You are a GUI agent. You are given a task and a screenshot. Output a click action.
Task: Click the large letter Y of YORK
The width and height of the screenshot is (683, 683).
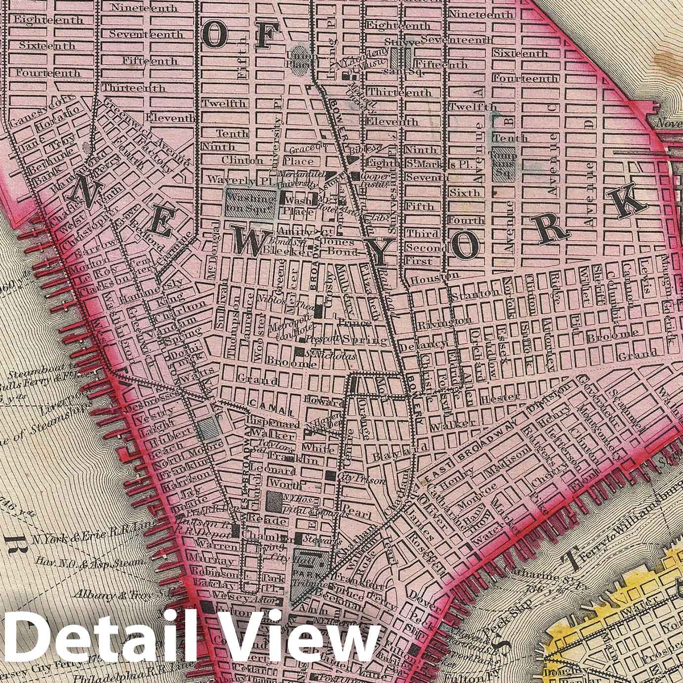tap(381, 252)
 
